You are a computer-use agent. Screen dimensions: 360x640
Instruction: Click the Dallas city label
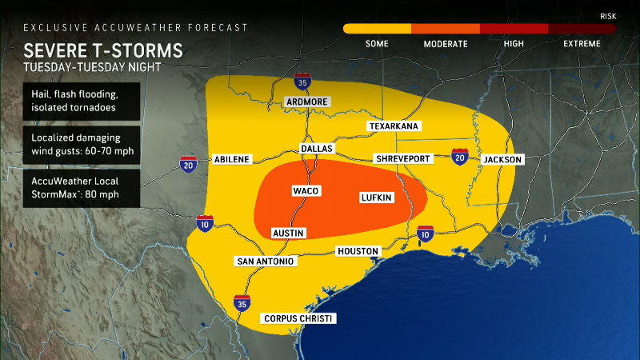316,149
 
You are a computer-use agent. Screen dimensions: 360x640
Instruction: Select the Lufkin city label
375,196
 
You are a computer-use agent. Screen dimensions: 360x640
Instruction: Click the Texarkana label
394,126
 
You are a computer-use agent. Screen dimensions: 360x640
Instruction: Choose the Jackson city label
502,159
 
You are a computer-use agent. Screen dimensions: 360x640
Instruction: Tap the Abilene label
232,159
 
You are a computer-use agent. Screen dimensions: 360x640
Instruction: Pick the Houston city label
358,251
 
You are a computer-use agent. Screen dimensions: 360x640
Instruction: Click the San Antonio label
265,262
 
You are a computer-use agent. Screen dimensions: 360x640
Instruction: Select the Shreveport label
404,158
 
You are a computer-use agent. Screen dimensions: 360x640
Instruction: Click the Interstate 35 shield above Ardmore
301,82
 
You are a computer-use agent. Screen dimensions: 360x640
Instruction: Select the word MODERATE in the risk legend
445,44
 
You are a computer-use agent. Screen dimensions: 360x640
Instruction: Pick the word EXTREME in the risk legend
581,44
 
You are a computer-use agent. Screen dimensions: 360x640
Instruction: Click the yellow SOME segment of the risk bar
377,29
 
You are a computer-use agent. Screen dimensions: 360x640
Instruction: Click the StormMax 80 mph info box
82,187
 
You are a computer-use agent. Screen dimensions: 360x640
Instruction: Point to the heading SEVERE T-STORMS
103,51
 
